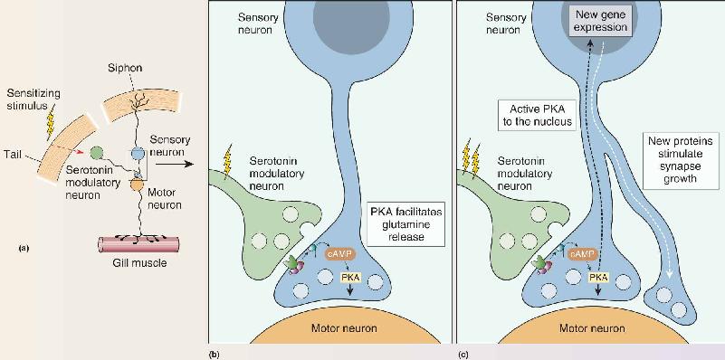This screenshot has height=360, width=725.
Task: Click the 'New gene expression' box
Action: [x=601, y=23]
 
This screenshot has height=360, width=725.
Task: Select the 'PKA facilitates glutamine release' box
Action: [x=405, y=223]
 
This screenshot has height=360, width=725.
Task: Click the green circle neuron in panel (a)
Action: [x=97, y=152]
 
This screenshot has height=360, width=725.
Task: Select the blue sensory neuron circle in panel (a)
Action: [x=138, y=153]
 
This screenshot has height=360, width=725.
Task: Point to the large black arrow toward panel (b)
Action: [x=174, y=164]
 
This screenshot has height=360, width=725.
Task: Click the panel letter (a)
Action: [x=24, y=248]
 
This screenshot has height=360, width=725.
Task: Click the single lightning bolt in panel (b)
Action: [x=227, y=164]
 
